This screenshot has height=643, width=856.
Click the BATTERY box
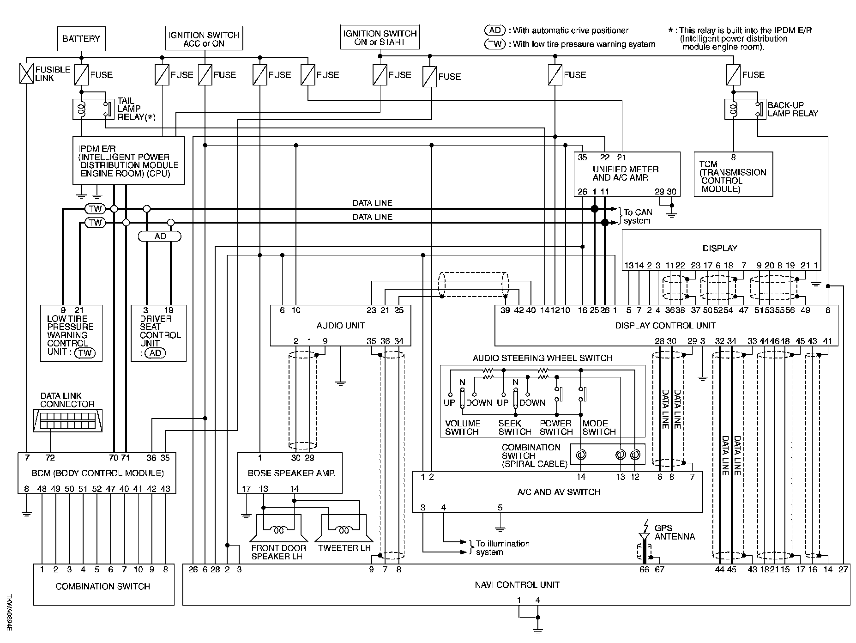81,39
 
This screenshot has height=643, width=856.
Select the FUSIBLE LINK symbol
27,73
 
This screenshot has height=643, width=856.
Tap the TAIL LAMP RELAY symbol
94,109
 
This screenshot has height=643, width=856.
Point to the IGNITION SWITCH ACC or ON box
204,39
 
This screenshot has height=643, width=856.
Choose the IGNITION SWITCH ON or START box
380,37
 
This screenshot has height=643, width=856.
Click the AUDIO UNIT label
341,325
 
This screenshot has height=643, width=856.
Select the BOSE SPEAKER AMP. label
291,473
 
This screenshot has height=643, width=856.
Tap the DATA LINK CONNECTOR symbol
68,421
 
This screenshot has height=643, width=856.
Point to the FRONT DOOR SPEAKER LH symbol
279,530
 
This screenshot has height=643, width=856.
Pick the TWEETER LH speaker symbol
344,530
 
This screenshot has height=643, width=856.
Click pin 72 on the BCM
50,458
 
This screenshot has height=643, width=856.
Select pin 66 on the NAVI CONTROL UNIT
644,570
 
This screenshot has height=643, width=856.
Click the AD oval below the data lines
160,237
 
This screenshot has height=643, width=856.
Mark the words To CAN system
638,216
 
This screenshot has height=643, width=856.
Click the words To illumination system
503,548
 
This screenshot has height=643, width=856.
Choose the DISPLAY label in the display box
720,248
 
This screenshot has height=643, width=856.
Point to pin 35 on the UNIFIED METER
583,158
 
